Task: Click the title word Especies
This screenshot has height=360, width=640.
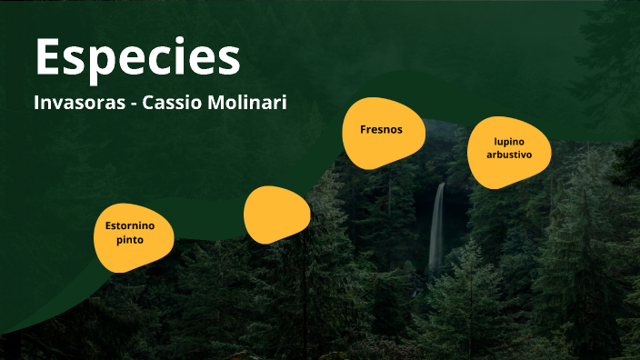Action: [x=137, y=57]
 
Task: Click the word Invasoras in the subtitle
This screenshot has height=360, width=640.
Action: [x=76, y=103]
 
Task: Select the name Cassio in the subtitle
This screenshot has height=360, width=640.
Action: [x=169, y=103]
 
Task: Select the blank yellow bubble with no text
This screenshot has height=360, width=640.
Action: [x=277, y=215]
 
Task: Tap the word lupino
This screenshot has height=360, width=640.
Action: [x=510, y=142]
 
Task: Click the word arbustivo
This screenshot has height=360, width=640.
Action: [x=510, y=155]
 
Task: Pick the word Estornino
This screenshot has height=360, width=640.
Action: [x=130, y=225]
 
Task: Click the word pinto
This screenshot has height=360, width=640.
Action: [x=130, y=240]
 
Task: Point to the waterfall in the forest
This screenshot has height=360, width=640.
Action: [x=437, y=227]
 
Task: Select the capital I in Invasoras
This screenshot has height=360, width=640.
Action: [x=36, y=103]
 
